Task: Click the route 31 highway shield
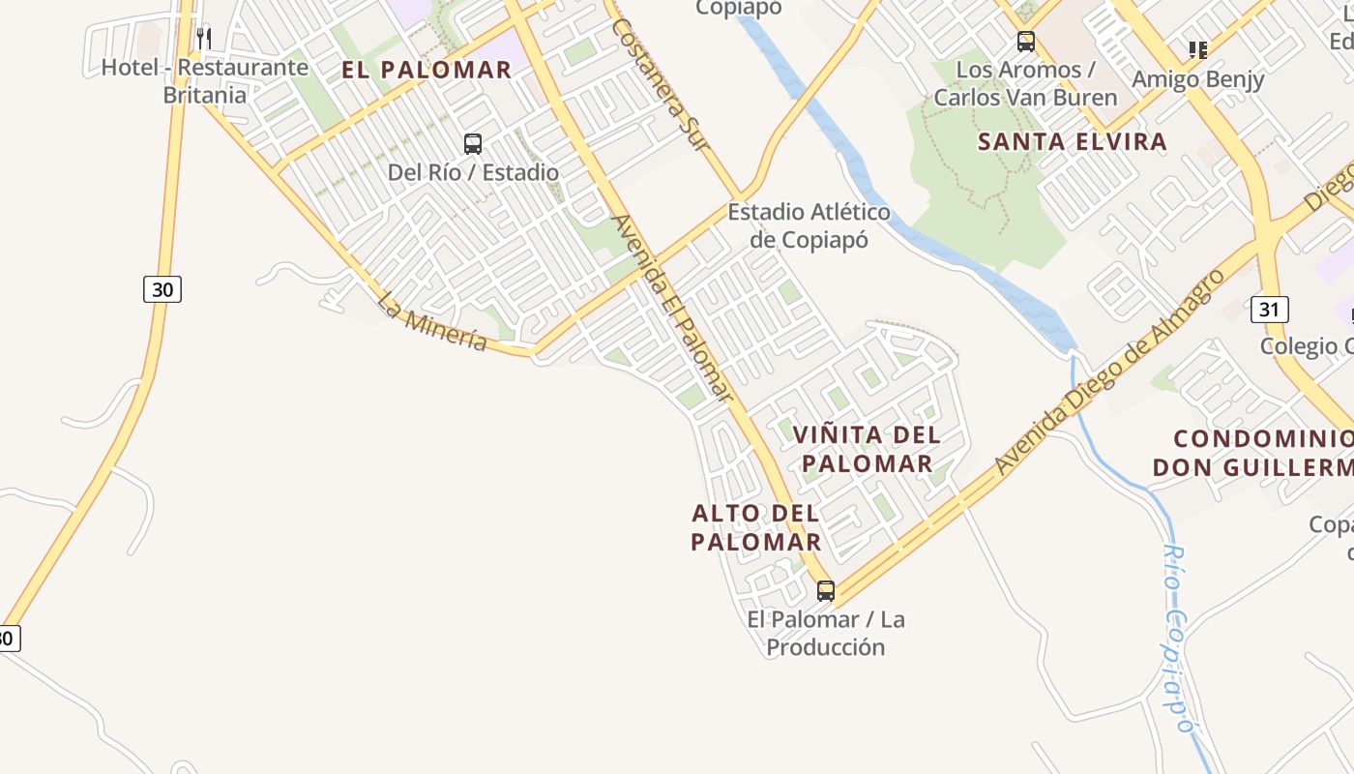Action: point(1270,310)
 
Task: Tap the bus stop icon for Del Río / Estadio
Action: point(473,144)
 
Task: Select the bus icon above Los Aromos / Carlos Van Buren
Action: point(1025,42)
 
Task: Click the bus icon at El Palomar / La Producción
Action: point(826,590)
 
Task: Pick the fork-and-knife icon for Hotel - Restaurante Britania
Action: point(204,39)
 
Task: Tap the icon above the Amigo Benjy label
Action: point(1197,49)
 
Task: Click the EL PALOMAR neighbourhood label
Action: point(427,70)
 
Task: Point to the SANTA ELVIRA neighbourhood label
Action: point(1073,141)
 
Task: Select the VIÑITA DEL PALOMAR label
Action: point(868,449)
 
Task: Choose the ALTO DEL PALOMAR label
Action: point(756,527)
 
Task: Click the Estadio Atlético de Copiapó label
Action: point(809,225)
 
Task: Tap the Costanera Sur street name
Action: point(662,85)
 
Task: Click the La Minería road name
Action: point(432,322)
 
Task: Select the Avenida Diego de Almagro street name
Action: point(1110,372)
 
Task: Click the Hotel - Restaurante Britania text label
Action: point(205,81)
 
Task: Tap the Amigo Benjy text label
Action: point(1198,79)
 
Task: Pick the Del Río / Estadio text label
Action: point(473,172)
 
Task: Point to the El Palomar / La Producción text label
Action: point(826,633)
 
